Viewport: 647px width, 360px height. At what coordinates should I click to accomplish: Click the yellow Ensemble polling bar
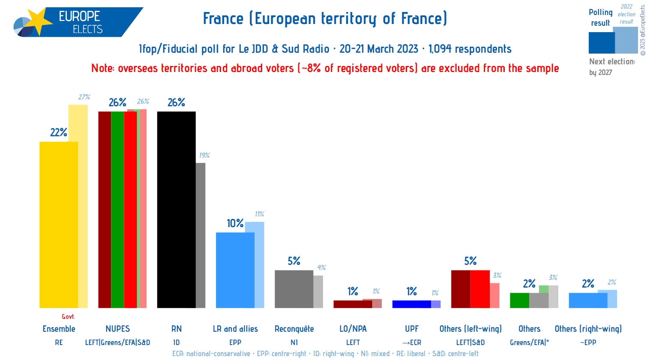[x=59, y=225]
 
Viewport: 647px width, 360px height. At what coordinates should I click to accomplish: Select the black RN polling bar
[x=176, y=210]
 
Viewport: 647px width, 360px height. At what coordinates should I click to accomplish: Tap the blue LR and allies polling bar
[x=235, y=270]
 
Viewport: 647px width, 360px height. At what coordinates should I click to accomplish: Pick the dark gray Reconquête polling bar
[x=294, y=289]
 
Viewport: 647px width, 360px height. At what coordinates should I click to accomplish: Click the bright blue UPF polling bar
[x=411, y=304]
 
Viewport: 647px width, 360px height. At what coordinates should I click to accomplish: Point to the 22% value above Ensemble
[x=59, y=132]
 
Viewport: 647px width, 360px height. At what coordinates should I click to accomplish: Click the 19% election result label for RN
[x=204, y=155]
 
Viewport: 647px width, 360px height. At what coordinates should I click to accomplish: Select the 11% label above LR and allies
[x=259, y=214]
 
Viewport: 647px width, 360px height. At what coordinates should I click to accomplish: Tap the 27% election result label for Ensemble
[x=84, y=97]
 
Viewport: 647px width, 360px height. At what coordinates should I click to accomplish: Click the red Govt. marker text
[x=68, y=317]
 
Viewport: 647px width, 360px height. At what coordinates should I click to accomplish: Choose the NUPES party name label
[x=117, y=329]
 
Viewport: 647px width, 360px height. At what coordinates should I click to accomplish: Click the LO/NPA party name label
[x=353, y=329]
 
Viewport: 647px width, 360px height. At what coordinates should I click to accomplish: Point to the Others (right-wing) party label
[x=588, y=329]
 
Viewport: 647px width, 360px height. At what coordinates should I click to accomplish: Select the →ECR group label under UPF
[x=411, y=342]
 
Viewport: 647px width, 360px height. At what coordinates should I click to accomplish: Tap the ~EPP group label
[x=588, y=342]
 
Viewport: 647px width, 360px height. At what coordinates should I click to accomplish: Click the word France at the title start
[x=223, y=19]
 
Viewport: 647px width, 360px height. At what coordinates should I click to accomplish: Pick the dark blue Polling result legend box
[x=601, y=43]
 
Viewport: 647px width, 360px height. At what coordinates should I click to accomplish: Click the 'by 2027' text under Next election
[x=600, y=72]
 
